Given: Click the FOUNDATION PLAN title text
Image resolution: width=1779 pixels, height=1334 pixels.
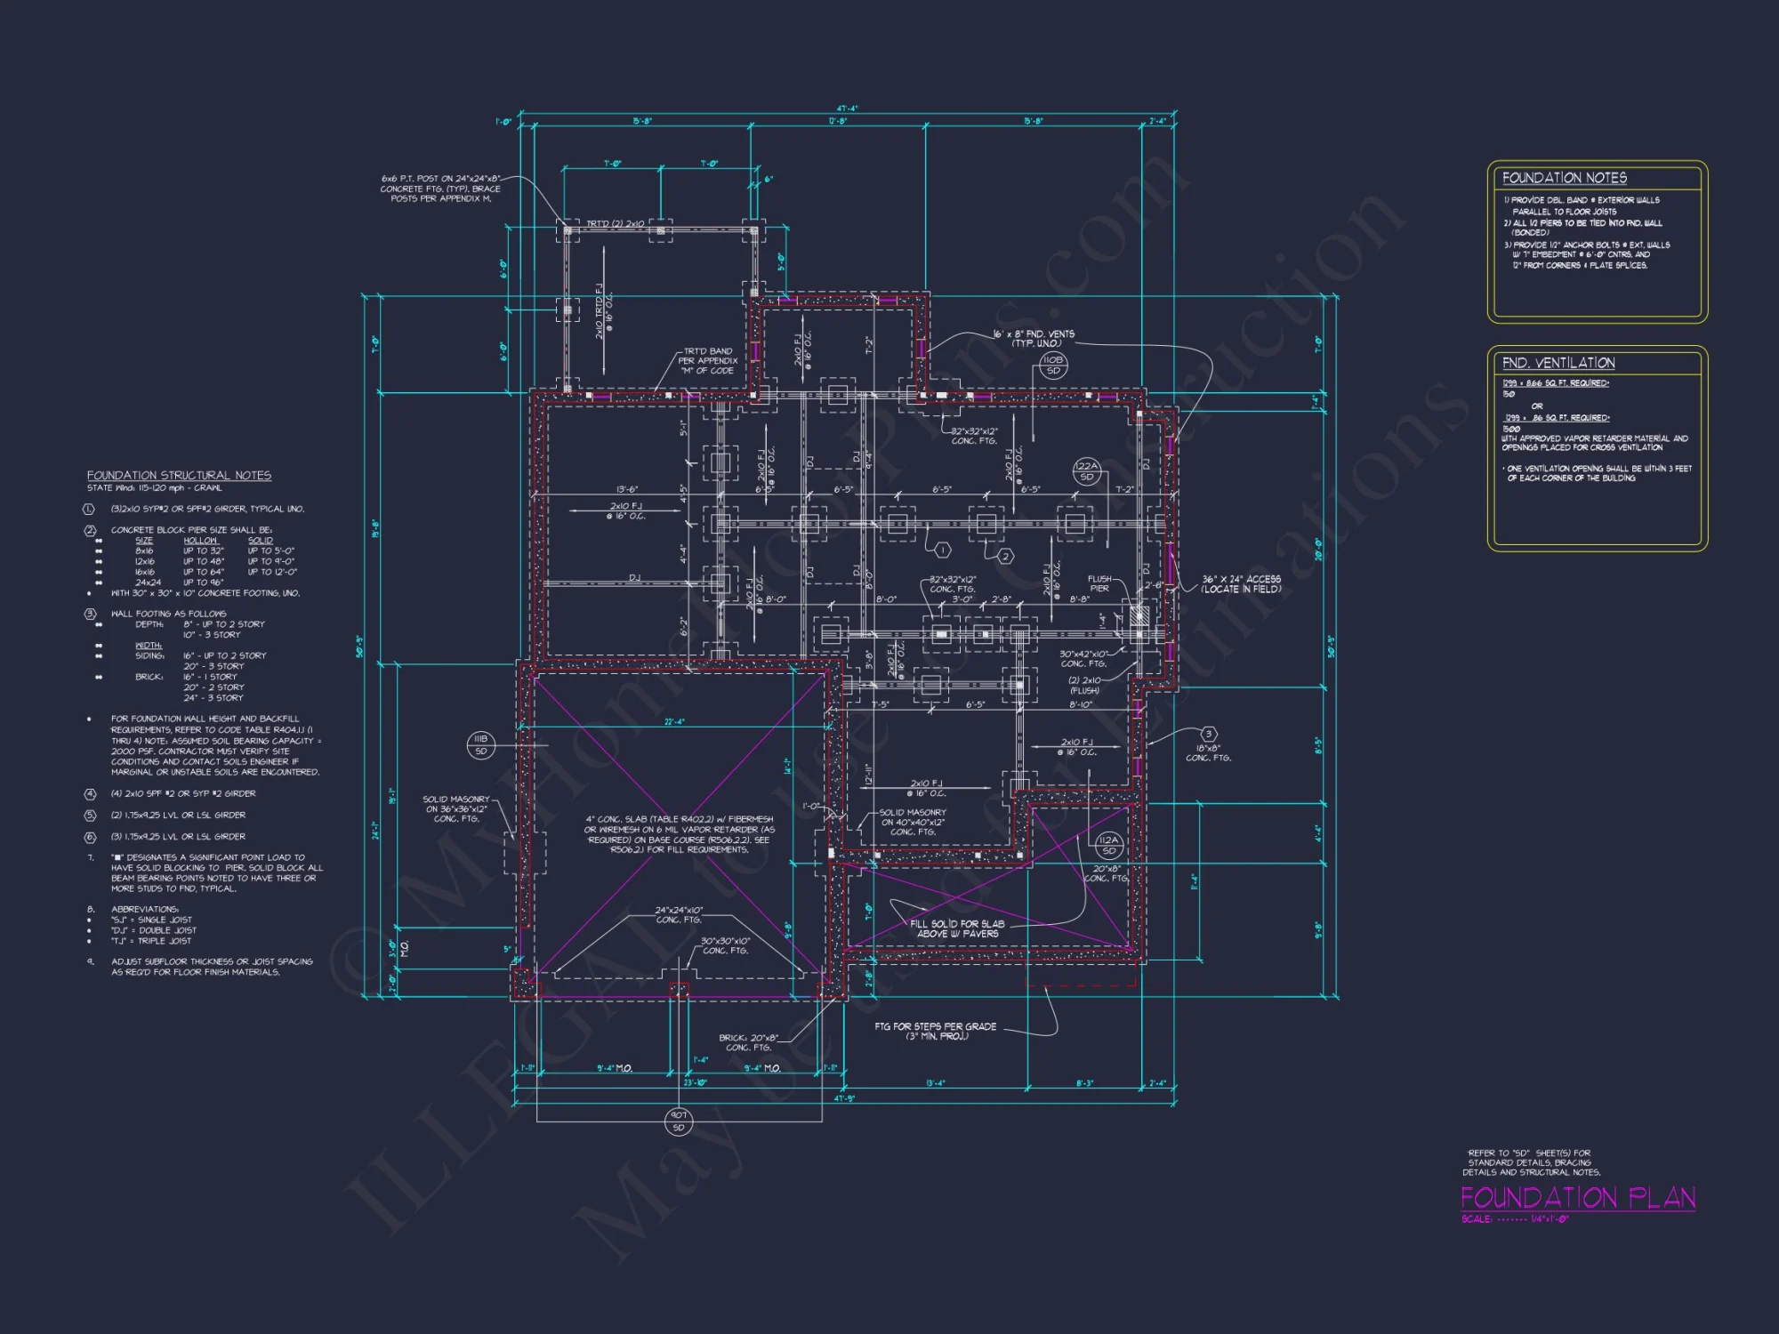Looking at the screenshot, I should [1577, 1198].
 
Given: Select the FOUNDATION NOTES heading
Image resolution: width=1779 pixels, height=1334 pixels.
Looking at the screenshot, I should [1564, 178].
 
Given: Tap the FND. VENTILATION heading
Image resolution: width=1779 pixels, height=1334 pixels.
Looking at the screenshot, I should [1558, 363].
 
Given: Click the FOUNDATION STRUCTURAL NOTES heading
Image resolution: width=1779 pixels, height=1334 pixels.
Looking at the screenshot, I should [179, 476].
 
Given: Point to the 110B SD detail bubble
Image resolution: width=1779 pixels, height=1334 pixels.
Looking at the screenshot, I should [1052, 366].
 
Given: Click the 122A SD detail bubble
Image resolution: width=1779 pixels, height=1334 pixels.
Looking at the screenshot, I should [1086, 471].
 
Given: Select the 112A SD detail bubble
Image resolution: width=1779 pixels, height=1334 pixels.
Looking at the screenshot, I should [1108, 845].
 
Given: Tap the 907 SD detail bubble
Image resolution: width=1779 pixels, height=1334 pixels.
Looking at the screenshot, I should [678, 1121].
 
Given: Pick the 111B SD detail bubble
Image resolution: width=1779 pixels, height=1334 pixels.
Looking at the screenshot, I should [480, 744].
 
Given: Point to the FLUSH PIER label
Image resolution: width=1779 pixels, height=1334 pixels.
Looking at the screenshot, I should [1099, 583].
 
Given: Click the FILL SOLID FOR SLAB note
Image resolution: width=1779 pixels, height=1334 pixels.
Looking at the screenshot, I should [957, 928].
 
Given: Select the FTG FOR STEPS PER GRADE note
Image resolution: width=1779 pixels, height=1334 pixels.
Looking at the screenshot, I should [935, 1031].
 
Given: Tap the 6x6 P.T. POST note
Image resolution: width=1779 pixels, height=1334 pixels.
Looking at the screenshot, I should [440, 189].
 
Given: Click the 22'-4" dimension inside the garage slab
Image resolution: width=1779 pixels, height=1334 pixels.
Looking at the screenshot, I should [674, 722].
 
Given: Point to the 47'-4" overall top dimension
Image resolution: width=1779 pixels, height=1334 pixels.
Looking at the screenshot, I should [846, 109].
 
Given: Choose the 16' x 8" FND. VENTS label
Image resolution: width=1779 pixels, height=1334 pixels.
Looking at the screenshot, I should [1034, 338].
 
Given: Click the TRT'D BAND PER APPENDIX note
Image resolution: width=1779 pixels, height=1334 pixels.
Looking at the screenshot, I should [708, 360].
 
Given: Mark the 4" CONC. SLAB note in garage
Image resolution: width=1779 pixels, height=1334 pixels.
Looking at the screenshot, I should [679, 834].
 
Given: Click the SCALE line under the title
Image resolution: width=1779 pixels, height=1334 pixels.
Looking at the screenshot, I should [1515, 1219].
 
